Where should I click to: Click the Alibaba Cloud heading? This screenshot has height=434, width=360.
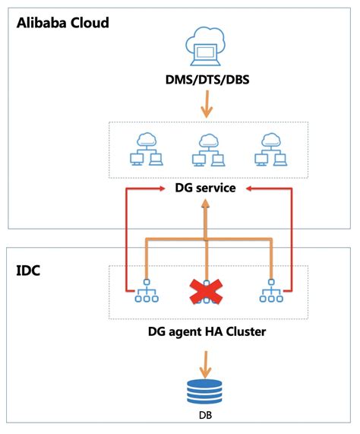point(63,22)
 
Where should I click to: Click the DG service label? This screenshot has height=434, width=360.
point(204,187)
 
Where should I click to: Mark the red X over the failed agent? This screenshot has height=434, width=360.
point(204,290)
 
